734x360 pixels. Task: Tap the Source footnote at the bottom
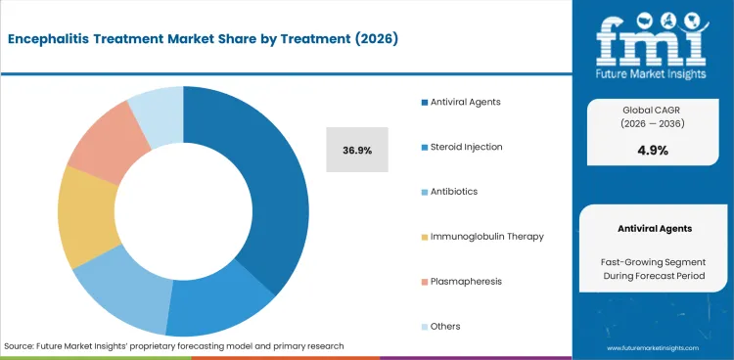coord(174,347)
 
